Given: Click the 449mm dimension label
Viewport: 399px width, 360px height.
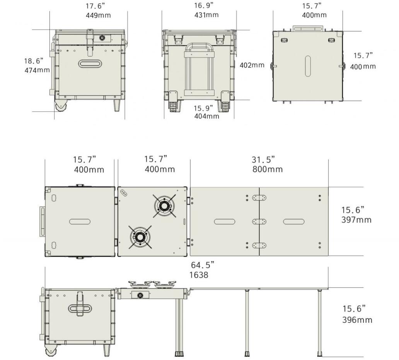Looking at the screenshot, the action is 98,15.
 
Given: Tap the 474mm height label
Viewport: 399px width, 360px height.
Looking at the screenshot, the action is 37,70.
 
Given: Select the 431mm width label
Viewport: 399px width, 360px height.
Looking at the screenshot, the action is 206,15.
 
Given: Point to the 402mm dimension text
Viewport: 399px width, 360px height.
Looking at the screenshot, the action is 252,65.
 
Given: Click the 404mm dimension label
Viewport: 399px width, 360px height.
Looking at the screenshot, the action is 206,116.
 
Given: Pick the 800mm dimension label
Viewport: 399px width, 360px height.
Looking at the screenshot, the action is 268,169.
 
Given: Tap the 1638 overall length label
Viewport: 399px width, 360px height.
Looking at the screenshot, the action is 199,275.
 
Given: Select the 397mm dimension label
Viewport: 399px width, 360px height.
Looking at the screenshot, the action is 356,219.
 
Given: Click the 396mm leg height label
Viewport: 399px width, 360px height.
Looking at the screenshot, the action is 357,320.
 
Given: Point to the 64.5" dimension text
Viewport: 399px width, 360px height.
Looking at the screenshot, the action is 203,265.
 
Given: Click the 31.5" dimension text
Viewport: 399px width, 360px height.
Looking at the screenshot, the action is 263,159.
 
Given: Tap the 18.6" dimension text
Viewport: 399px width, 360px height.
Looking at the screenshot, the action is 34,61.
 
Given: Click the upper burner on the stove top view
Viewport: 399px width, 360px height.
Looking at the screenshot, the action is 164,206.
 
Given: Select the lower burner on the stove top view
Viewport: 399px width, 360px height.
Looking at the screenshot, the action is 140,237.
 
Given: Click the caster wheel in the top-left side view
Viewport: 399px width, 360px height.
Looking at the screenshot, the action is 61,105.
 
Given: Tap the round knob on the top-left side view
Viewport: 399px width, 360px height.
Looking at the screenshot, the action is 102,38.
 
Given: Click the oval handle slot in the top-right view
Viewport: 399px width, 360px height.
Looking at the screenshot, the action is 308,66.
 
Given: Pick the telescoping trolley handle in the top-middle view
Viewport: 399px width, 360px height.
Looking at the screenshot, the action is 200,69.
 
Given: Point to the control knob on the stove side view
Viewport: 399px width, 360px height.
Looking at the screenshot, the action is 140,295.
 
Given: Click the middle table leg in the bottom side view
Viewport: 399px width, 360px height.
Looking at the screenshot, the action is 247,323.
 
